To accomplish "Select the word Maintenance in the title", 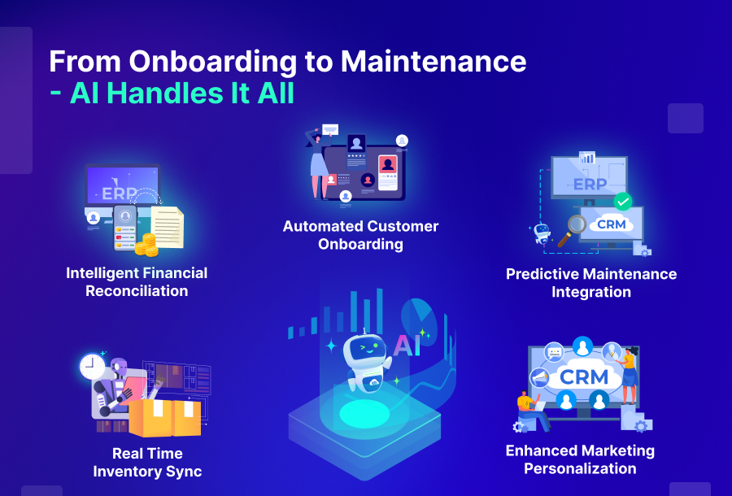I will (x=434, y=62).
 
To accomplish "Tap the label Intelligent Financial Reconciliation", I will (x=137, y=281).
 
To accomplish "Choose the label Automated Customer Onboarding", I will (x=360, y=235).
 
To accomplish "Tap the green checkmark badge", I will (x=623, y=200).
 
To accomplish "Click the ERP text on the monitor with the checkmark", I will (x=590, y=184).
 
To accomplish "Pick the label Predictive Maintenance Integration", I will (x=591, y=282).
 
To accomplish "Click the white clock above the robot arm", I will (x=91, y=368).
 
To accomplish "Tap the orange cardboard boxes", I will (x=165, y=417).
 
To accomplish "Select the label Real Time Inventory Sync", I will (x=147, y=462).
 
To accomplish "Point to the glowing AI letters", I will (x=407, y=345).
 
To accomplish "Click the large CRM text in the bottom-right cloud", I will (x=584, y=376).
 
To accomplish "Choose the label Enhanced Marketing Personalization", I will (x=580, y=459).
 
